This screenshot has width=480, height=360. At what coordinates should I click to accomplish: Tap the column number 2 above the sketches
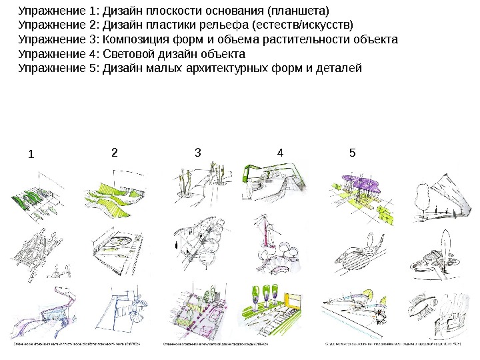[x=114, y=152]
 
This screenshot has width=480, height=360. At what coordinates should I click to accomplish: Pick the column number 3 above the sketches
[x=197, y=152]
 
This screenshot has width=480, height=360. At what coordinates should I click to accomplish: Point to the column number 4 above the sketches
[x=280, y=153]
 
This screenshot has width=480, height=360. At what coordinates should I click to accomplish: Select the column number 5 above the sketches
[x=352, y=152]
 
